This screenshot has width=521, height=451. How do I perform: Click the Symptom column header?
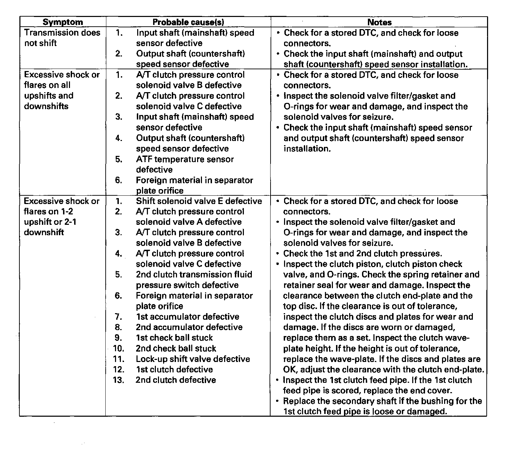click(63, 22)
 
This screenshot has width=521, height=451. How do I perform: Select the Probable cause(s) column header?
click(188, 22)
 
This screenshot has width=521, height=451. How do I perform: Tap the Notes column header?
click(379, 22)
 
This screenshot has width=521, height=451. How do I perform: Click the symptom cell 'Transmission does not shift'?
click(62, 38)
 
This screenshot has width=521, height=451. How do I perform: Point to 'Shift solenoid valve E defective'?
click(199, 201)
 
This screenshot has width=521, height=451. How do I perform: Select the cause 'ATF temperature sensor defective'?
click(185, 164)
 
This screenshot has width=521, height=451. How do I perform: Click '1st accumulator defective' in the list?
click(187, 317)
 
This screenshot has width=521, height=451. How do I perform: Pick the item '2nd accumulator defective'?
click(189, 327)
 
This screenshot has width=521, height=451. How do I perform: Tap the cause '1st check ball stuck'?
click(174, 338)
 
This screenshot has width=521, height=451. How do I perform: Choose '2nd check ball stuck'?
click(176, 348)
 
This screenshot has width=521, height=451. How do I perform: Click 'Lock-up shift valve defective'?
click(193, 359)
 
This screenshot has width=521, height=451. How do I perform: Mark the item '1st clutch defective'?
click(174, 369)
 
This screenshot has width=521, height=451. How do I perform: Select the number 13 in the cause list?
click(118, 380)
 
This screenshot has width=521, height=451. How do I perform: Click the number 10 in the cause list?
click(118, 348)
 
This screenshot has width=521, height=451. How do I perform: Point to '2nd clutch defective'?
click(176, 380)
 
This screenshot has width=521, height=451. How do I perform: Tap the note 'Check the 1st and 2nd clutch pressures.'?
click(362, 254)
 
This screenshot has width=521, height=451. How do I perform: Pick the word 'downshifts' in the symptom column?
click(46, 106)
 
